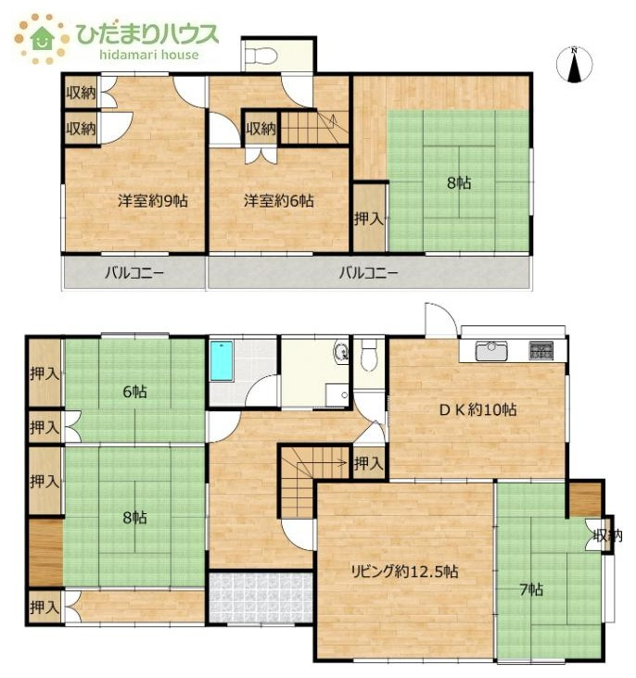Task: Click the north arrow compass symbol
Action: tap(574, 64)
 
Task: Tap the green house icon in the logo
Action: tap(42, 39)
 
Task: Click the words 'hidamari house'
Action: tap(149, 55)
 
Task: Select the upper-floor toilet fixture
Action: tap(261, 56)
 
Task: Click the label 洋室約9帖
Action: tap(153, 201)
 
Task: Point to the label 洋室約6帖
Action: tap(279, 201)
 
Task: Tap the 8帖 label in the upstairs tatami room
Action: tap(459, 182)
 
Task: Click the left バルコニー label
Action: tap(134, 273)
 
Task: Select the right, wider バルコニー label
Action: tap(368, 273)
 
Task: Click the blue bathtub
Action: tap(222, 360)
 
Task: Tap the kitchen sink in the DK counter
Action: tap(491, 351)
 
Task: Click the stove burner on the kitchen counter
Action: tap(541, 351)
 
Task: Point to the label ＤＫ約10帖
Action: tap(478, 410)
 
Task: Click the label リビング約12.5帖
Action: tap(404, 571)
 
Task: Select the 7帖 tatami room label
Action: tap(531, 589)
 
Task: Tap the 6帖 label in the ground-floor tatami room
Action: tap(135, 392)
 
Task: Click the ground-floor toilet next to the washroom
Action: tap(369, 356)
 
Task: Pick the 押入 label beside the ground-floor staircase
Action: tap(369, 464)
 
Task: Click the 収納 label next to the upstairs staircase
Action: tap(261, 129)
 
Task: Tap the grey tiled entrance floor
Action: tap(261, 598)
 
